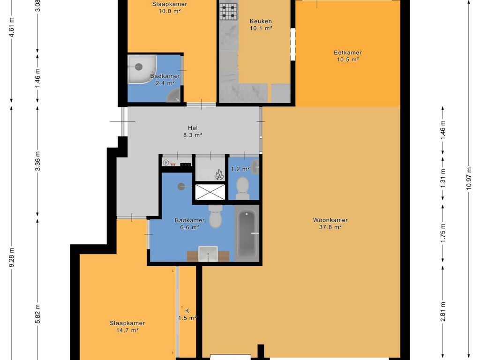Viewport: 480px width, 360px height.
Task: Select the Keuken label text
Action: click(x=261, y=21)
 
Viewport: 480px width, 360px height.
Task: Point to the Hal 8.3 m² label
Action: click(x=193, y=131)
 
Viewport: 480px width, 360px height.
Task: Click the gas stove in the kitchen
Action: click(x=228, y=11)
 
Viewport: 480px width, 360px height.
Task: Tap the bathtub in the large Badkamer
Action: click(x=247, y=233)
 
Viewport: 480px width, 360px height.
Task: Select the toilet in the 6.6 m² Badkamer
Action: click(x=216, y=216)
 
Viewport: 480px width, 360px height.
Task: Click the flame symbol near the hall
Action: click(x=219, y=175)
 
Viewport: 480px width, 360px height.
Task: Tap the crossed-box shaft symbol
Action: click(x=210, y=192)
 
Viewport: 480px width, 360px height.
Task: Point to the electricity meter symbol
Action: click(x=166, y=163)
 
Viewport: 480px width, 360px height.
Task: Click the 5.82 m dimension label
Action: click(x=37, y=314)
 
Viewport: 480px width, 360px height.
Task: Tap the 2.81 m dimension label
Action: click(x=442, y=312)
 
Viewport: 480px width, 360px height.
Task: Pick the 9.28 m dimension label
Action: click(x=12, y=257)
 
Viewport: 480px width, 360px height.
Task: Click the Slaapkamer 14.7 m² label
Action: click(x=127, y=327)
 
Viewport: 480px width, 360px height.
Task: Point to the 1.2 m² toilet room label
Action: click(x=240, y=169)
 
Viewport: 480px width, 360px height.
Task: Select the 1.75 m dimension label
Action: click(x=442, y=233)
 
